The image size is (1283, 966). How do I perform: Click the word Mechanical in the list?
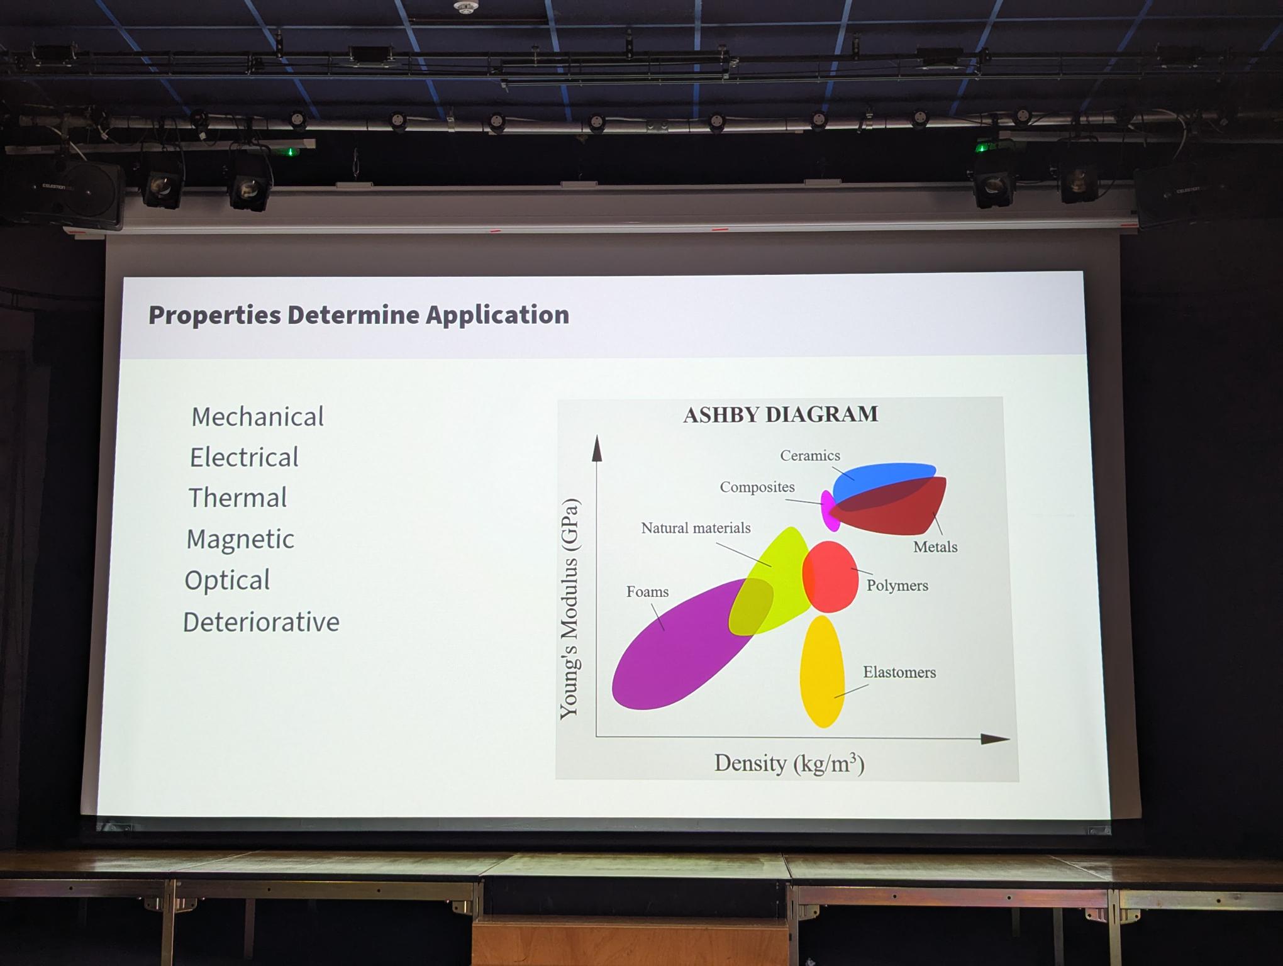[x=258, y=417]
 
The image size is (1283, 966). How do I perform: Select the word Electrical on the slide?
[x=244, y=457]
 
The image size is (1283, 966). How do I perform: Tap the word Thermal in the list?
[x=238, y=497]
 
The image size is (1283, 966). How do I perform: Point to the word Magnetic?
[x=240, y=540]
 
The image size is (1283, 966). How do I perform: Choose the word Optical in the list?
[x=227, y=580]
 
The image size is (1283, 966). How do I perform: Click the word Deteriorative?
[x=261, y=622]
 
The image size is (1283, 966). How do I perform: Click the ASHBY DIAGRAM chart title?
[x=780, y=414]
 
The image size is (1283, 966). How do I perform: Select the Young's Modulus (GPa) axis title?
[x=569, y=608]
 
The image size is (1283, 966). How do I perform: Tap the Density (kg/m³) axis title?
[x=789, y=763]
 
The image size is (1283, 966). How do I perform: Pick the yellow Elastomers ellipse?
[x=822, y=672]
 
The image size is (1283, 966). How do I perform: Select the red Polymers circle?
[x=830, y=577]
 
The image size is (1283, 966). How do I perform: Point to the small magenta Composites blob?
[x=830, y=511]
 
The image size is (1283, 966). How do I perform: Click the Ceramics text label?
[x=810, y=455]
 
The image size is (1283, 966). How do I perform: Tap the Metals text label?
[x=935, y=547]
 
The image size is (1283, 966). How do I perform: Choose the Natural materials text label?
[x=696, y=528]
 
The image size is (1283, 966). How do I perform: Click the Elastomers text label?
[x=899, y=672]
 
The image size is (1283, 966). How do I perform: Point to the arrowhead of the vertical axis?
[x=597, y=448]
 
